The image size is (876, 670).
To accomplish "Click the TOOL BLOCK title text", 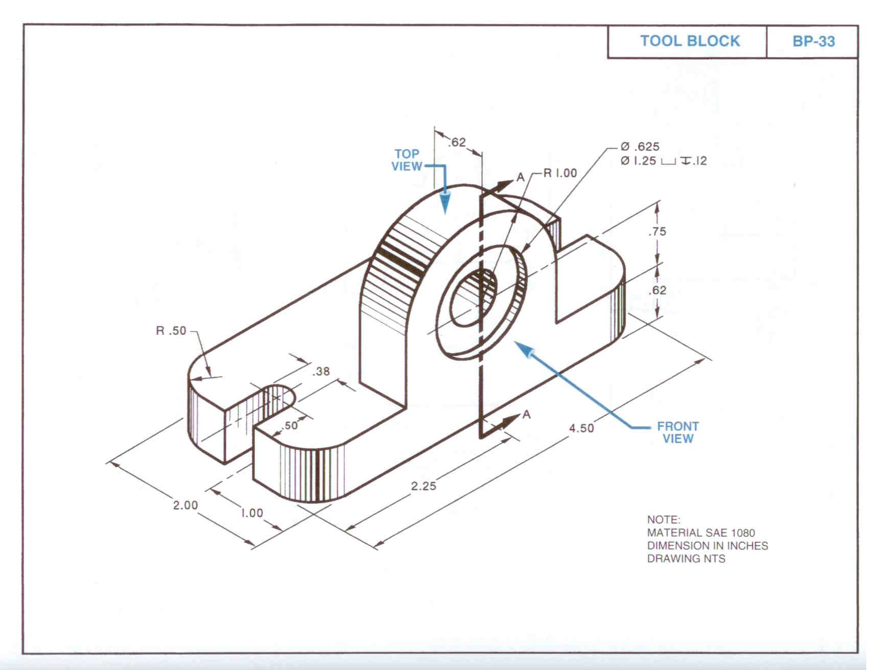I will [690, 41].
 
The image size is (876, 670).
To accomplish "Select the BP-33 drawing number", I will [813, 41].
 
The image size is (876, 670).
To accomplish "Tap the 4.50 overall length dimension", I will [582, 428].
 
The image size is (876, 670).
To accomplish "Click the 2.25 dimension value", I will [423, 486].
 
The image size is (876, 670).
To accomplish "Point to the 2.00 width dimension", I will [185, 506].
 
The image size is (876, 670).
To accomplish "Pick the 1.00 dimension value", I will [252, 513].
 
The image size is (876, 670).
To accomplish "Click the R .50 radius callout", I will [171, 331].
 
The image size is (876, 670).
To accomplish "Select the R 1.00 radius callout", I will [560, 173].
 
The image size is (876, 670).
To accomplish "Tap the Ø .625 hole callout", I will [640, 147].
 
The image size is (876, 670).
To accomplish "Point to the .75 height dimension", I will [657, 231].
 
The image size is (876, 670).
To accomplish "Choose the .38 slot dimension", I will [321, 371].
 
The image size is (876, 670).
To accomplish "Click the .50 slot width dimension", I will [291, 425].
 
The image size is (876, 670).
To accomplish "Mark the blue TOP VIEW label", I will [407, 160].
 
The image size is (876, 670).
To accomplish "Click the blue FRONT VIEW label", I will [678, 432].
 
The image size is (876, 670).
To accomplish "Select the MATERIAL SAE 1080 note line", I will [701, 533].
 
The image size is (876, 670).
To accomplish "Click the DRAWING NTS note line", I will [686, 559].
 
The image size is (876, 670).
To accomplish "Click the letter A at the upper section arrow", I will [520, 177].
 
